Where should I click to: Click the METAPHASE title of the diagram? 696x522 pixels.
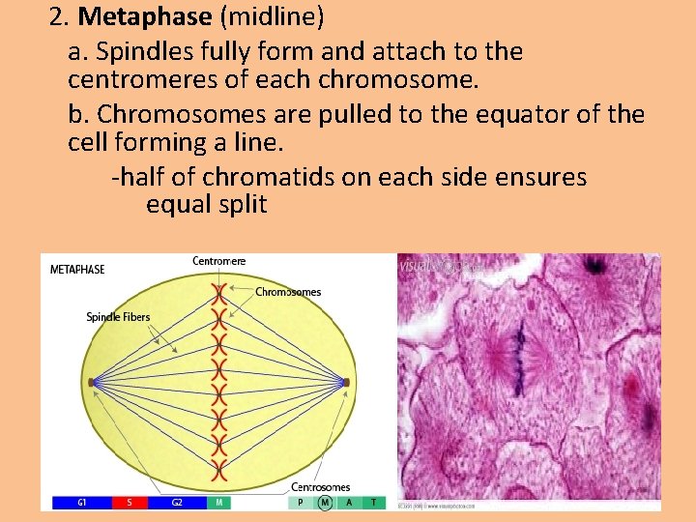coord(77,270)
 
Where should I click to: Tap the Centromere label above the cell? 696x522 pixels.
coord(219,261)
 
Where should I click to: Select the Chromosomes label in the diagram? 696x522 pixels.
coord(288,292)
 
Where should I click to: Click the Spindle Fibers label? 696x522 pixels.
coord(118,317)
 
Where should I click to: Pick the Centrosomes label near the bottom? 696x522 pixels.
coord(321,487)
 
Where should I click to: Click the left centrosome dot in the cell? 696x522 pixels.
coord(91,383)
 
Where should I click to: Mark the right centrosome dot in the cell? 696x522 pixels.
coord(345,383)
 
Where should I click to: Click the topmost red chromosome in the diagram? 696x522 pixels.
coord(220,292)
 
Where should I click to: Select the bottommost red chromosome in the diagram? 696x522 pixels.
coord(220,472)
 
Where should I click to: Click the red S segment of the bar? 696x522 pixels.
coord(130,503)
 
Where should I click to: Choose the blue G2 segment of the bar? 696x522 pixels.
coord(178,503)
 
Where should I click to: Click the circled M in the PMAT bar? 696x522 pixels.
coord(326,503)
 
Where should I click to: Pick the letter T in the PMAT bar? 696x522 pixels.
coord(374,503)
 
